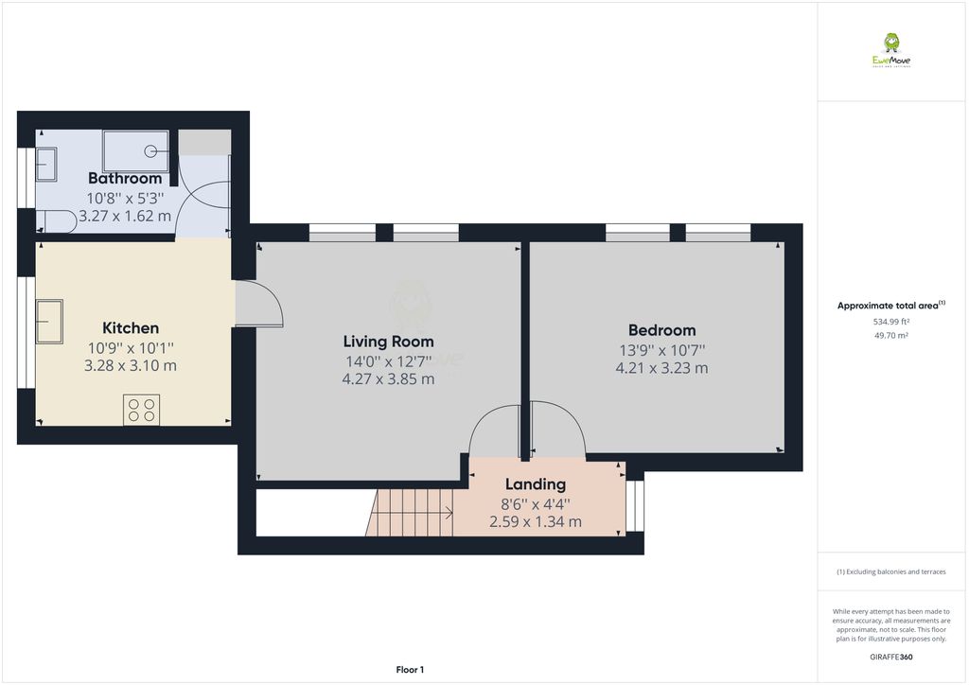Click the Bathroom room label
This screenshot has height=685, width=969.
tap(125, 178)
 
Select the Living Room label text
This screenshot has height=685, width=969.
tap(388, 342)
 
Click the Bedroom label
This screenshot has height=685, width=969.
tap(661, 330)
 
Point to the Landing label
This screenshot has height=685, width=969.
tap(535, 484)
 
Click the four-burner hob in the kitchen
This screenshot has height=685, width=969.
tap(141, 410)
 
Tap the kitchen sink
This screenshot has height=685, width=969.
tap(49, 321)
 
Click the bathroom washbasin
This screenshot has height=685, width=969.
tap(45, 165)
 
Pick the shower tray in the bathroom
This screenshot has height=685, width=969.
tap(135, 150)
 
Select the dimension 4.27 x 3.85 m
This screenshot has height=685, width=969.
tap(388, 379)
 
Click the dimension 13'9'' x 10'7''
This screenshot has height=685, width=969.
tap(661, 349)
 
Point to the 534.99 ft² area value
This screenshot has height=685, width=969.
tap(890, 322)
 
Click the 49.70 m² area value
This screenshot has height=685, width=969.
tap(890, 335)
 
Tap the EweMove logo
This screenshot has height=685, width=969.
tap(890, 50)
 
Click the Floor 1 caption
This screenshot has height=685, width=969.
tap(410, 669)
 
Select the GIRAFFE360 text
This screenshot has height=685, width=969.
tap(890, 656)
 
